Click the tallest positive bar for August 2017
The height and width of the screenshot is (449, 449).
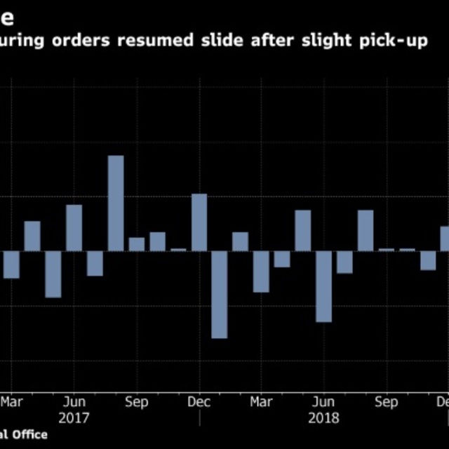tap(116, 203)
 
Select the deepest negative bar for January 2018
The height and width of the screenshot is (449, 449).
tap(220, 295)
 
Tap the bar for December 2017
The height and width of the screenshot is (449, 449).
tap(199, 222)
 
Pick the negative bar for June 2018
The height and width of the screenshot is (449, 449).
tap(323, 286)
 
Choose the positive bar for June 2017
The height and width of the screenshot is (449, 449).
tap(74, 227)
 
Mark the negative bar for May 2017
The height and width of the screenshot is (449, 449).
tap(53, 274)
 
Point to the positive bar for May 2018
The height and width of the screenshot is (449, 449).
tap(302, 230)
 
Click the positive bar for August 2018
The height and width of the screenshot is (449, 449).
tap(365, 230)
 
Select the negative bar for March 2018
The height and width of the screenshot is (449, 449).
tap(261, 271)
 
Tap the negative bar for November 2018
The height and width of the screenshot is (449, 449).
tap(427, 260)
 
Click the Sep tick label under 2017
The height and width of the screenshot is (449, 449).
tap(136, 402)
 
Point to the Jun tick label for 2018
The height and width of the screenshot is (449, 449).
tap(323, 402)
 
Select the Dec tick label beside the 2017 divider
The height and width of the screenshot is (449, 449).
tap(199, 402)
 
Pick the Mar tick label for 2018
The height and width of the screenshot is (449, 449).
tap(262, 402)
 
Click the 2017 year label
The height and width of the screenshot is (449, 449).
tap(74, 418)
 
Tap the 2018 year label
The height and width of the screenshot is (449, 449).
tap(323, 418)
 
